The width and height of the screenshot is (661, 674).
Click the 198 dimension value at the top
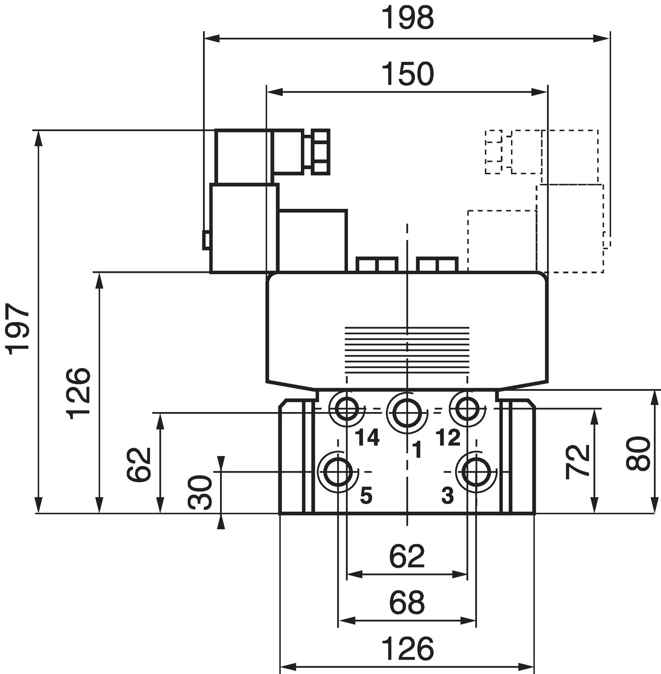tap(408, 18)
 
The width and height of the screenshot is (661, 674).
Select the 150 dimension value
tap(408, 74)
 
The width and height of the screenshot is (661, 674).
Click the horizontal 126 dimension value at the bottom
tap(408, 648)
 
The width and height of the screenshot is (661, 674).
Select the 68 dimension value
tap(407, 603)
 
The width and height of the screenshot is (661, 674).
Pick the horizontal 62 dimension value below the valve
tap(407, 556)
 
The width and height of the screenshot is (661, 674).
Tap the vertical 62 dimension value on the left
tap(139, 464)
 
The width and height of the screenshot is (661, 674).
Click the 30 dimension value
tap(200, 492)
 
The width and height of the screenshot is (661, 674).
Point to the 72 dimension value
tap(577, 461)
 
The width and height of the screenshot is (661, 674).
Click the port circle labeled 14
tap(346, 408)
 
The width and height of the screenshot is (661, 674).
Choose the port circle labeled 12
tap(467, 408)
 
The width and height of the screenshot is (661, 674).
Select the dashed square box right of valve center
tap(502, 241)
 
